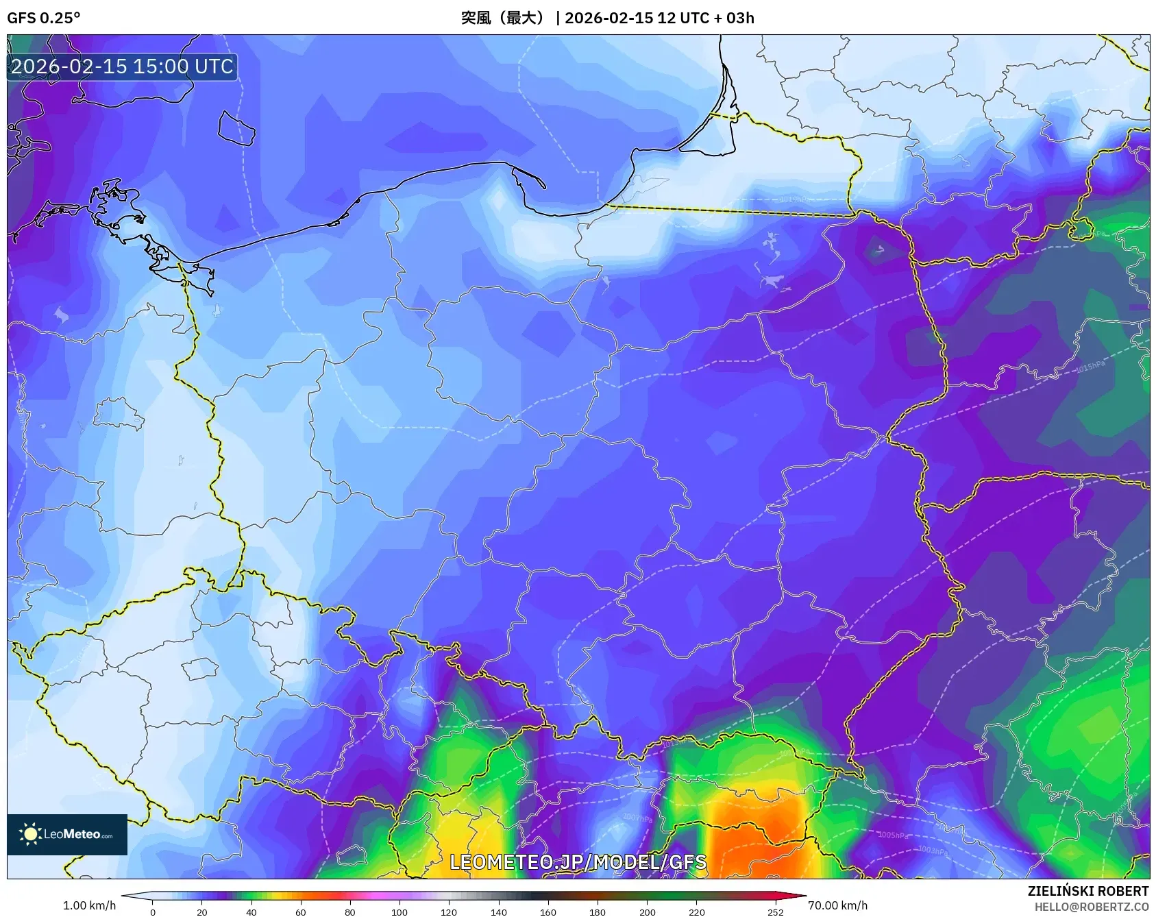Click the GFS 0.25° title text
pyautogui.click(x=43, y=18)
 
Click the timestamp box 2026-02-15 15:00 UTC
pyautogui.click(x=122, y=66)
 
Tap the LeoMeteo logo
pyautogui.click(x=67, y=834)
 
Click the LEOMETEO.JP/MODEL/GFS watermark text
pyautogui.click(x=578, y=862)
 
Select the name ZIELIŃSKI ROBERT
pyautogui.click(x=1087, y=891)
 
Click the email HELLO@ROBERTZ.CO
pyautogui.click(x=1091, y=907)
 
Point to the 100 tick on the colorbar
pyautogui.click(x=399, y=912)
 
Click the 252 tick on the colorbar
pyautogui.click(x=775, y=912)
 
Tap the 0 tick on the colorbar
pyautogui.click(x=152, y=912)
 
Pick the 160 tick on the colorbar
pyautogui.click(x=548, y=912)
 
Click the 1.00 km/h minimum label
pyautogui.click(x=89, y=905)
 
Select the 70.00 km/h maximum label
pyautogui.click(x=837, y=905)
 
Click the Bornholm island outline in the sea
pyautogui.click(x=236, y=128)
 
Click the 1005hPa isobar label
pyautogui.click(x=894, y=835)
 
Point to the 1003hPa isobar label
pyautogui.click(x=933, y=851)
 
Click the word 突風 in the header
pyautogui.click(x=476, y=18)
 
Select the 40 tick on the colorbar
pyautogui.click(x=251, y=912)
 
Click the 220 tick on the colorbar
pyautogui.click(x=696, y=912)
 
